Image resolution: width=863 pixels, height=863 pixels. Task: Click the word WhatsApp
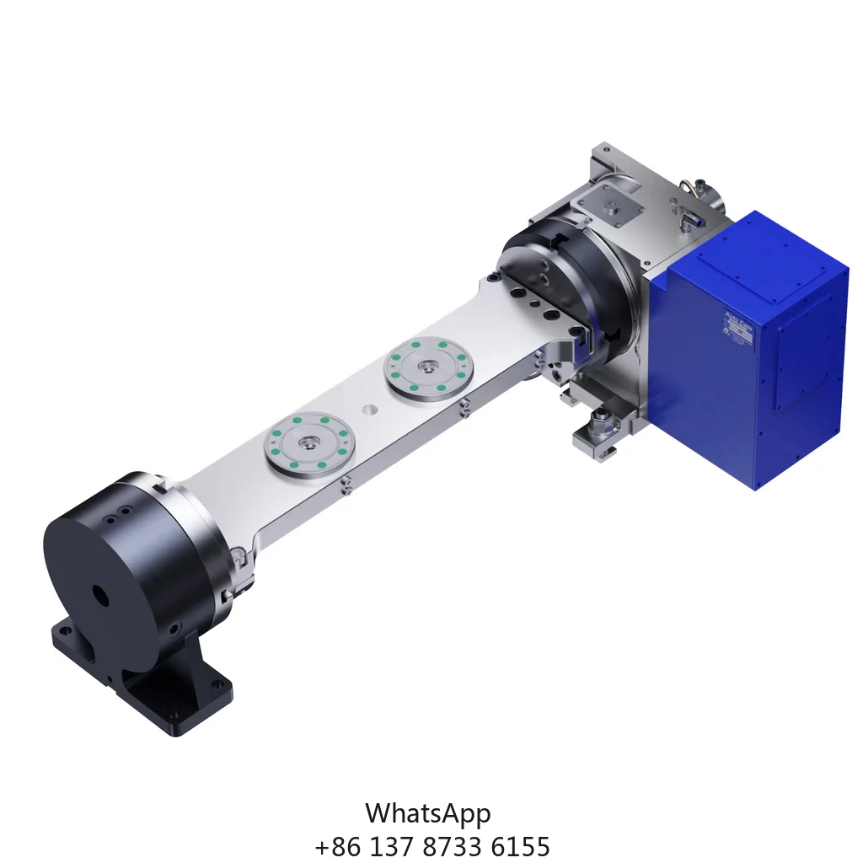(x=427, y=814)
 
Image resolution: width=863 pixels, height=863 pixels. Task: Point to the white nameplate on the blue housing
(x=737, y=328)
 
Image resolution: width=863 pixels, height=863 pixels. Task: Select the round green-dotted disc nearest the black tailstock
(x=310, y=444)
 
